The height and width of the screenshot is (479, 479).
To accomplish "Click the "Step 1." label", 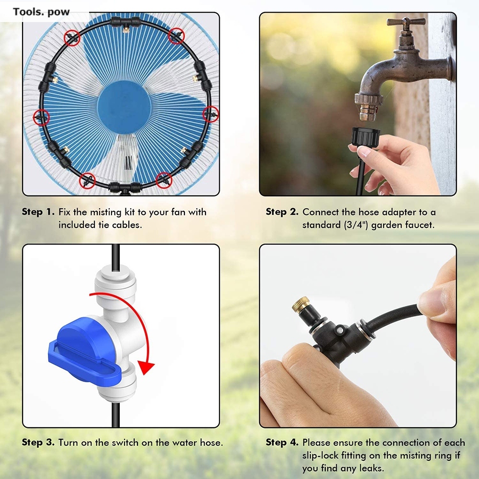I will point(38,212).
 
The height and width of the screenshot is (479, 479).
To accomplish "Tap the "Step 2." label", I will point(282,212).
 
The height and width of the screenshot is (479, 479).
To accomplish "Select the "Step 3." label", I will point(38,443).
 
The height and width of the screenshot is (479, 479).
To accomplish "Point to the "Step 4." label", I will point(282,443).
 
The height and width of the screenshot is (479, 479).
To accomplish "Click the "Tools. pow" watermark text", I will point(41,12).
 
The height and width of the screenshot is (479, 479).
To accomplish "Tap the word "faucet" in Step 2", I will point(420,225).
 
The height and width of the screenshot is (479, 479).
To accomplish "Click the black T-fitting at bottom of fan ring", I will point(124,186).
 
